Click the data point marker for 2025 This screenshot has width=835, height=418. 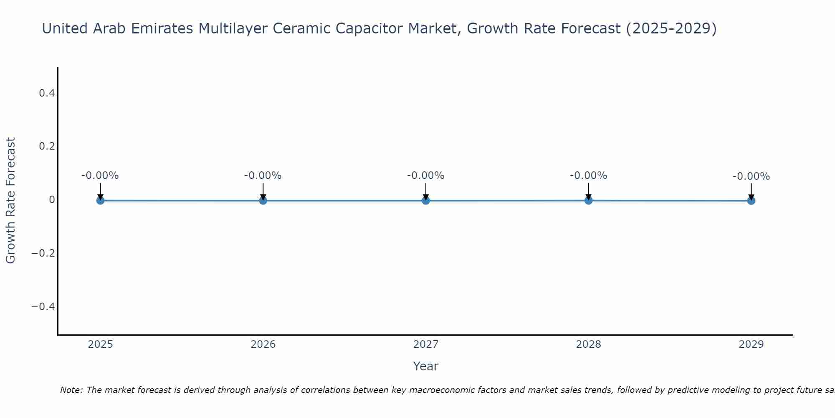click(100, 200)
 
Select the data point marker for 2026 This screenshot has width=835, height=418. click(263, 200)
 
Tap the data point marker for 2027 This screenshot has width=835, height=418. click(426, 200)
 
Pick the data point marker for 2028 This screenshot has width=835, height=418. click(588, 200)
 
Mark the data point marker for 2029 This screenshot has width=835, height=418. click(751, 201)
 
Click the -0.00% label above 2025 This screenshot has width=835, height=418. click(100, 176)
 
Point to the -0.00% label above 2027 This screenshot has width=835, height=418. click(426, 176)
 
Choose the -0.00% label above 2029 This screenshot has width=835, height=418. click(751, 176)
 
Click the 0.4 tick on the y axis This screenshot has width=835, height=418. click(47, 93)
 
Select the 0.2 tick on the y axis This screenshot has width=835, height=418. click(47, 146)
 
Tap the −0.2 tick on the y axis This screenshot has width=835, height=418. click(43, 253)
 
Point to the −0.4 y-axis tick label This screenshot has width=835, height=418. click(43, 307)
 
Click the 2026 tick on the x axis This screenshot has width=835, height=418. click(263, 344)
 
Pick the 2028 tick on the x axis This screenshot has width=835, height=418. click(588, 344)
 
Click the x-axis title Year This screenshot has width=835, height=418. click(425, 366)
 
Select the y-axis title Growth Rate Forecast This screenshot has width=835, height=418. click(10, 200)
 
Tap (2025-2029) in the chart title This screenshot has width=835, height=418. click(671, 28)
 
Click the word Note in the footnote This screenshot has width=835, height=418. click(71, 390)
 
